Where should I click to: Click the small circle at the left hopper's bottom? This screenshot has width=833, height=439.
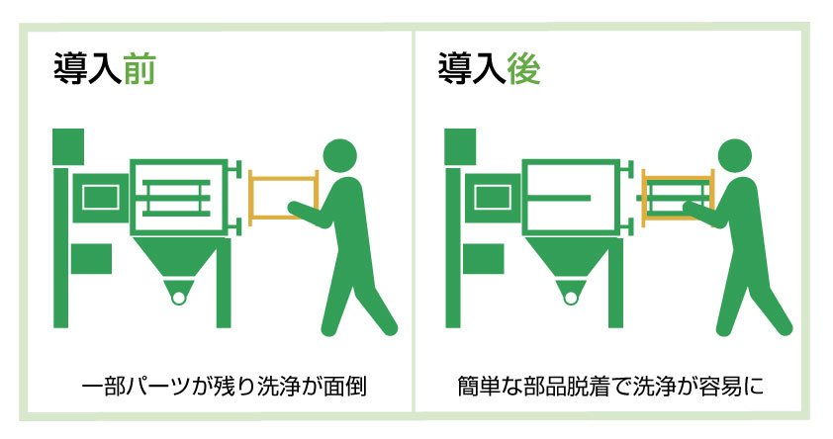(177, 296)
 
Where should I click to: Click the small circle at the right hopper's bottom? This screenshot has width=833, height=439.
(571, 296)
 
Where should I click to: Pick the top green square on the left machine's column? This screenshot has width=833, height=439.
(69, 146)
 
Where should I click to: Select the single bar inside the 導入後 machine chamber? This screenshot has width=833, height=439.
(565, 198)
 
